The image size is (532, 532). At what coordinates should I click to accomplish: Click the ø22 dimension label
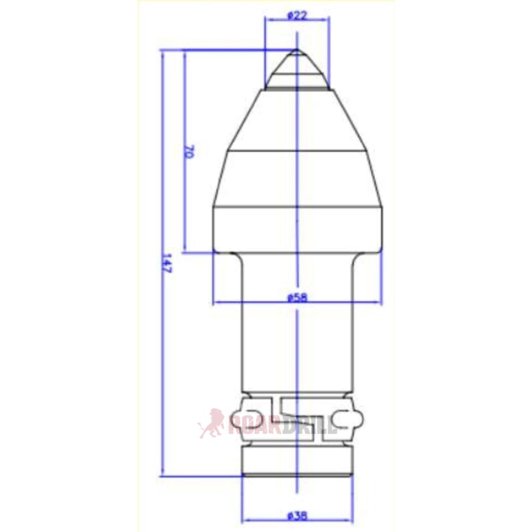(x=297, y=15)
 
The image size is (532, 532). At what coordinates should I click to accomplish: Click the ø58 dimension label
(x=297, y=298)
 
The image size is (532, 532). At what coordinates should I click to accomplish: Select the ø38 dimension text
(x=297, y=516)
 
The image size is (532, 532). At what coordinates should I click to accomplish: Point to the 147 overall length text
(x=165, y=263)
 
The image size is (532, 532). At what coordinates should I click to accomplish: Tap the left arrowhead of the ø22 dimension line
(x=268, y=19)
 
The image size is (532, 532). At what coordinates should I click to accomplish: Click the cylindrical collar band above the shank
(x=297, y=230)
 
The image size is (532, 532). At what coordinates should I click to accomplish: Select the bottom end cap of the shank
(x=297, y=463)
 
